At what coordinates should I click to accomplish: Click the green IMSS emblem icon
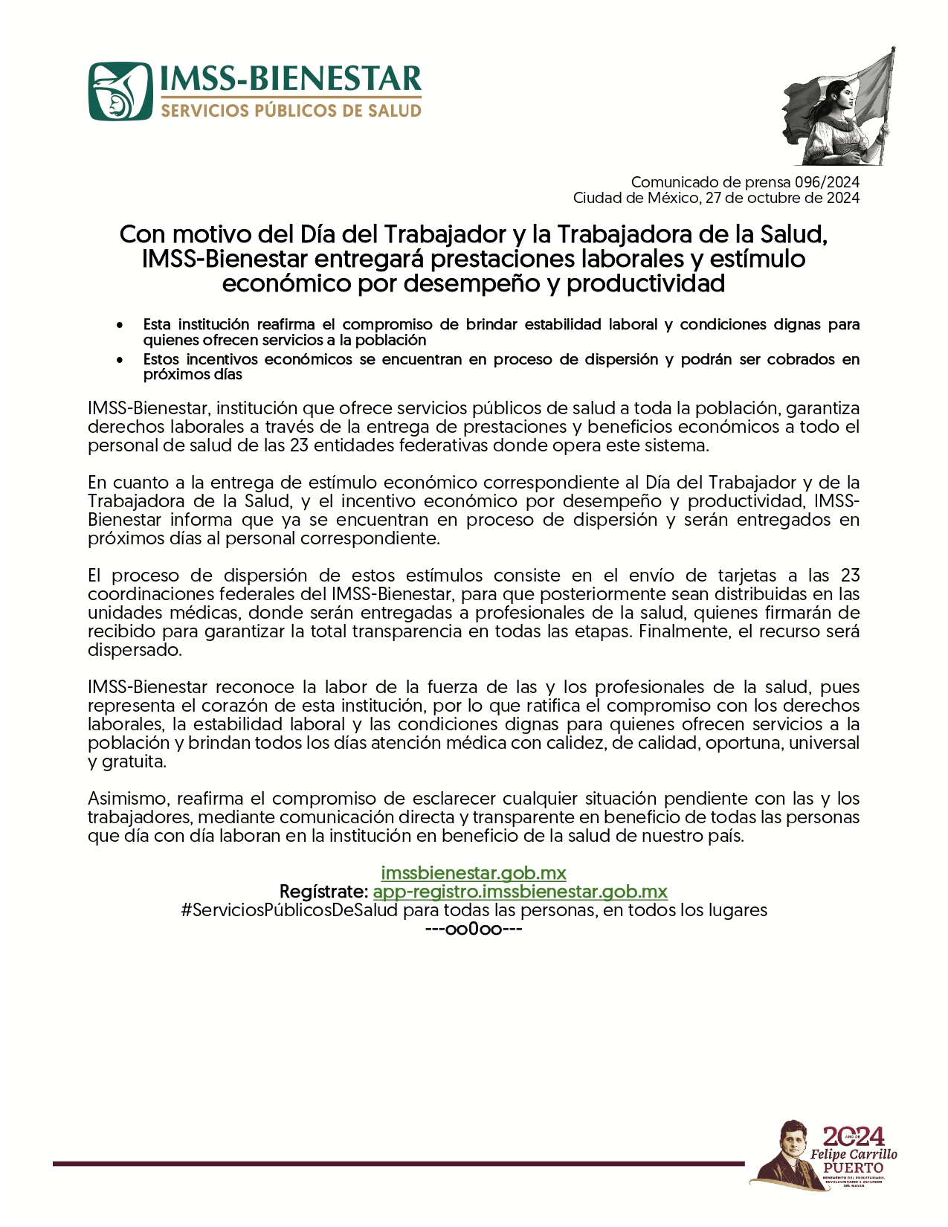click(x=120, y=91)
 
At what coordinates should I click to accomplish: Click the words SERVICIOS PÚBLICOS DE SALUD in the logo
click(x=291, y=111)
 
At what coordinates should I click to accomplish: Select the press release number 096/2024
click(x=827, y=182)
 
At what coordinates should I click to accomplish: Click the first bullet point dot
click(x=120, y=325)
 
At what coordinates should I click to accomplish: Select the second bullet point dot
click(x=120, y=360)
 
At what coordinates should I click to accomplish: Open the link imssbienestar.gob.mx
click(x=474, y=872)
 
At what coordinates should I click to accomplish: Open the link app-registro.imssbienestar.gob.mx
click(x=520, y=891)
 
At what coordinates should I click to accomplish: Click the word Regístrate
click(x=323, y=891)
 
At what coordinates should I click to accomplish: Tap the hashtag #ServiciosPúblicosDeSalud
click(x=289, y=909)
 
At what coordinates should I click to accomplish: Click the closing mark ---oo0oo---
click(x=474, y=929)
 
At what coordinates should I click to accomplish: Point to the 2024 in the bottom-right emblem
click(x=853, y=1136)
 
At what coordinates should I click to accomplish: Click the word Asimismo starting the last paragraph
click(x=129, y=799)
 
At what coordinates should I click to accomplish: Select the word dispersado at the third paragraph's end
click(x=134, y=650)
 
